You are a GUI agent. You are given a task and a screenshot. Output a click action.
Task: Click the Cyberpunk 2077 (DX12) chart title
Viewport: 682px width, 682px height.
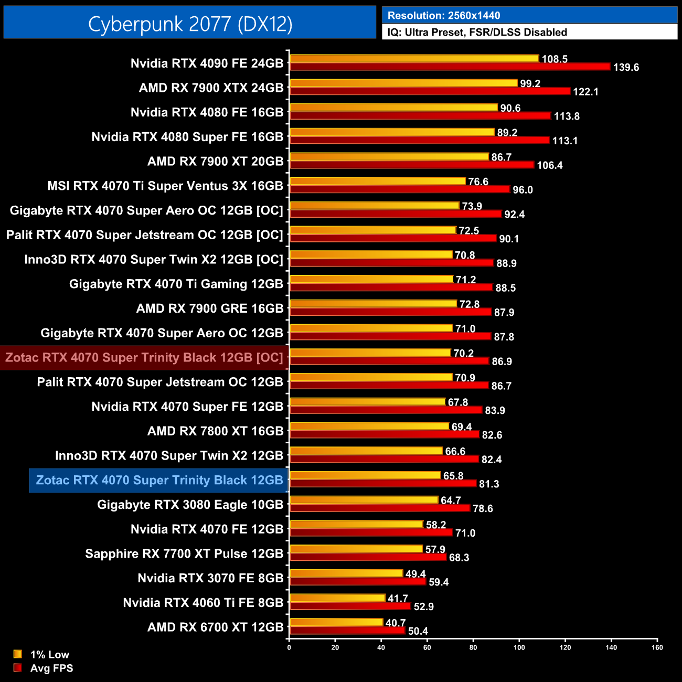(190, 24)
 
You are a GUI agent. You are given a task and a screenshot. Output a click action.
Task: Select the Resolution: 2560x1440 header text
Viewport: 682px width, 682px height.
(443, 16)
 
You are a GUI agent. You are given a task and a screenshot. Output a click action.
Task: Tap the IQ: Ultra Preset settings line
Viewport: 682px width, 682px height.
(477, 33)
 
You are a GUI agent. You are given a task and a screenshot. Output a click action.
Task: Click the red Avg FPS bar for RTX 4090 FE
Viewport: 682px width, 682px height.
(450, 67)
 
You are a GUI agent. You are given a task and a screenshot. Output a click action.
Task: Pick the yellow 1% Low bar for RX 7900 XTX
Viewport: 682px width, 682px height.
(403, 83)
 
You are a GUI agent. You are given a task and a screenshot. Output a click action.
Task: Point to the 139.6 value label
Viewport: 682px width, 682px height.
(626, 68)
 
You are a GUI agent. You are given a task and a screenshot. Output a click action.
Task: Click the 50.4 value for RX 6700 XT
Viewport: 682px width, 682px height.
(418, 631)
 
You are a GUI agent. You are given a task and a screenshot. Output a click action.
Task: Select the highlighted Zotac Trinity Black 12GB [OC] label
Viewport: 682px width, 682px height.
(144, 358)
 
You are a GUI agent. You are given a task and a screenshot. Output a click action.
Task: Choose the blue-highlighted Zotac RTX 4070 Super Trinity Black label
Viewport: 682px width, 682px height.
(159, 481)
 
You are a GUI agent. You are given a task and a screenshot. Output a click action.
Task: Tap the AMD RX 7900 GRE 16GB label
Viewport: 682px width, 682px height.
(209, 308)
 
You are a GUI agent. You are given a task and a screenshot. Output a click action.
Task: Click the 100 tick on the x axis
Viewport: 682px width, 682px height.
(519, 647)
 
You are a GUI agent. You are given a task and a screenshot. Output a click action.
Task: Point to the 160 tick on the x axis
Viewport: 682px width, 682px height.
(657, 647)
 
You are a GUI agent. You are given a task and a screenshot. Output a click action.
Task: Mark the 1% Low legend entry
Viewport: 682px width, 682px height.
(49, 655)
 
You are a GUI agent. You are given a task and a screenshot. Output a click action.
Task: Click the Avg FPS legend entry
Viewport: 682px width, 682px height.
(51, 668)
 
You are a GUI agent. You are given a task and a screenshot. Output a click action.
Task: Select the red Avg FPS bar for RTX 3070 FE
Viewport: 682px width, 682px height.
(358, 582)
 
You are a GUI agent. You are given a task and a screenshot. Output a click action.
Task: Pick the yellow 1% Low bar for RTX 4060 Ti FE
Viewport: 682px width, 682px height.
(337, 598)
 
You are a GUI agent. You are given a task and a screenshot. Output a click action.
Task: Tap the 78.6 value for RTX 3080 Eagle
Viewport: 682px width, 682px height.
(483, 509)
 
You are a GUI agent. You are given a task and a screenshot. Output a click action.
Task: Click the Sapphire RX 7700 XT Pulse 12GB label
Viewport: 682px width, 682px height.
(184, 554)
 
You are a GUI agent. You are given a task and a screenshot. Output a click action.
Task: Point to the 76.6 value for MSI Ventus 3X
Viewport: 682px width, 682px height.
(478, 182)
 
